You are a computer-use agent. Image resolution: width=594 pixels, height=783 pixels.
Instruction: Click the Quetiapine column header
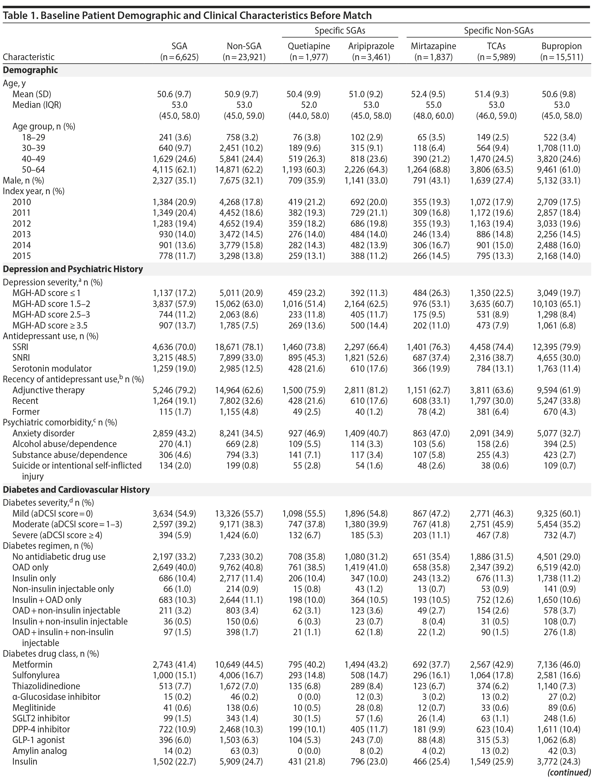coord(309,46)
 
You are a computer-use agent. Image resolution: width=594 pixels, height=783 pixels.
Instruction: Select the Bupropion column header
coord(561,46)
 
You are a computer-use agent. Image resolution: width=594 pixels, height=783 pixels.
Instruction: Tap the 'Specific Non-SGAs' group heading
coord(498,31)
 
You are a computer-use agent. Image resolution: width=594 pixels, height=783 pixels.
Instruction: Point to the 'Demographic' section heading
coord(30,70)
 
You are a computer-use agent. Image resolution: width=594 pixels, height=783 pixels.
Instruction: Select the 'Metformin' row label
coord(32,664)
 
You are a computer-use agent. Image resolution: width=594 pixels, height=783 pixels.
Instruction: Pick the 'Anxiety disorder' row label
coord(43,433)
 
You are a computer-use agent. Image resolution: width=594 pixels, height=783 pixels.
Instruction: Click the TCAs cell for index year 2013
coord(495,234)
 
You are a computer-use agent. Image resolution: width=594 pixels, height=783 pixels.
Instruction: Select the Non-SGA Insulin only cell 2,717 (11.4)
coord(242,578)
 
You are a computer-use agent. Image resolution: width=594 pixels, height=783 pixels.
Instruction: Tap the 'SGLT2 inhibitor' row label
coord(41,718)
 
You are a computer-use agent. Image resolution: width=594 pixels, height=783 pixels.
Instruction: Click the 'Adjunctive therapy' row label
coord(49,390)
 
